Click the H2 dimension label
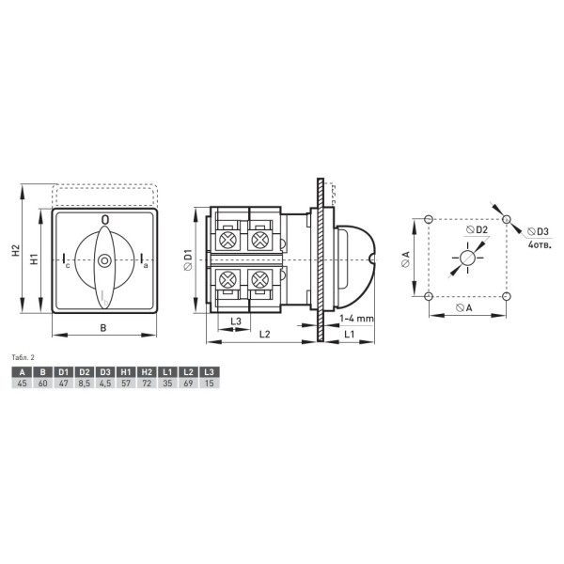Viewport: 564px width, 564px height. (x=15, y=250)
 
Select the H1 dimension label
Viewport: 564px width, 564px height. (x=34, y=259)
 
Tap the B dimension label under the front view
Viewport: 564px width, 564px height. (x=103, y=328)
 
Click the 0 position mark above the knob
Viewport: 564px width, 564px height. (x=105, y=219)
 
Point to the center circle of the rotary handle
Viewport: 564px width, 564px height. (x=104, y=260)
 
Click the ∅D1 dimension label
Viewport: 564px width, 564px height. (x=187, y=259)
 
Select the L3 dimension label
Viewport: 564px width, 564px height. (x=236, y=321)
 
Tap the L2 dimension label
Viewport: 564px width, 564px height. (x=264, y=334)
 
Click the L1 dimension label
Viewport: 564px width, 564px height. (x=350, y=334)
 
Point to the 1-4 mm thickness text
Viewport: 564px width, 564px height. (x=356, y=319)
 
